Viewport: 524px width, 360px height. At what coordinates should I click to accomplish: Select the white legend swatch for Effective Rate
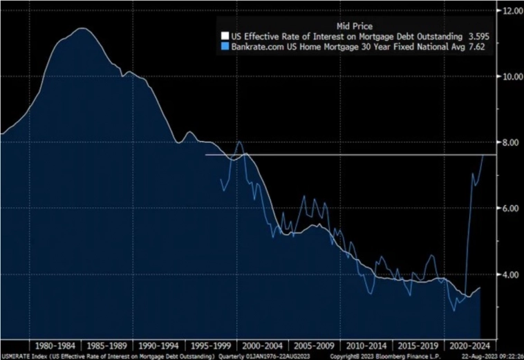223,37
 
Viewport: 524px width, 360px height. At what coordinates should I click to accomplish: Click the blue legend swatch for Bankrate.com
223,47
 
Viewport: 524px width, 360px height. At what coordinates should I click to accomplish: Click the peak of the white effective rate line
82,28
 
